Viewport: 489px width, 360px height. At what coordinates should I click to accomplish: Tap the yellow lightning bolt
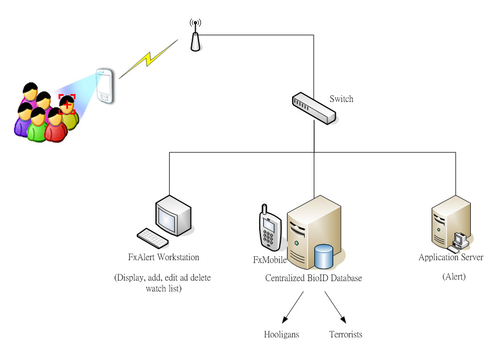(148, 59)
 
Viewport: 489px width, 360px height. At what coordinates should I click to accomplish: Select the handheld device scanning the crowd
(104, 86)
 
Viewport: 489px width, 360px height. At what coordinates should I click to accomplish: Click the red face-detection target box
(67, 104)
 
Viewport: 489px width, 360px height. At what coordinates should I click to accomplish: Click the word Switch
(342, 99)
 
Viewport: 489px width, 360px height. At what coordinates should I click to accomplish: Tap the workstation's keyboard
(151, 238)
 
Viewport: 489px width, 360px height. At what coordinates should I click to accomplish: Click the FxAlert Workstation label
(164, 257)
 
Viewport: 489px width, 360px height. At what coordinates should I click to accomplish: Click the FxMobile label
(269, 260)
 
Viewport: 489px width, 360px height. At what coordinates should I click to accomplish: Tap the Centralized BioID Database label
(313, 278)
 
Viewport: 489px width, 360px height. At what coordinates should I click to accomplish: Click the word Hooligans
(281, 334)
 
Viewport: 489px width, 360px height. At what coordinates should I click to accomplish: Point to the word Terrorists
(345, 334)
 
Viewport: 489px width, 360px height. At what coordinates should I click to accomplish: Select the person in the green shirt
(37, 125)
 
